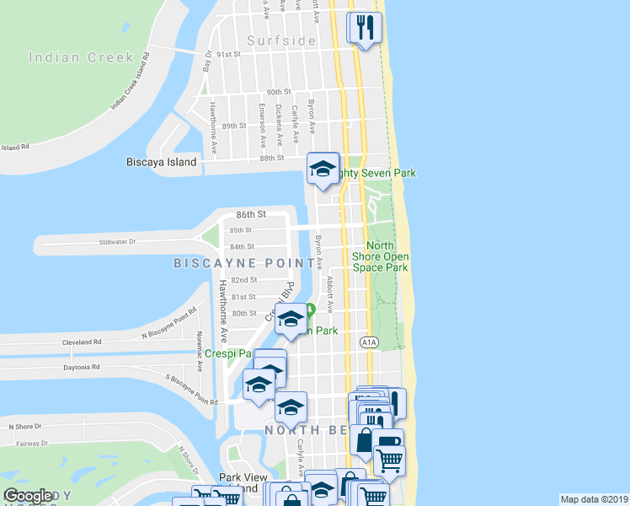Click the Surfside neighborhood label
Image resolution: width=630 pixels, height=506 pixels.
pos(281,40)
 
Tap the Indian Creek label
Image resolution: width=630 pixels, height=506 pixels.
pos(81,58)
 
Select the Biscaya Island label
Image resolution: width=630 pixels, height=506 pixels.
pos(160,162)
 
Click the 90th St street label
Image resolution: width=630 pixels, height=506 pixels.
pos(278,92)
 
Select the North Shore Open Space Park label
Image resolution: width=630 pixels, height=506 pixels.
pos(387,256)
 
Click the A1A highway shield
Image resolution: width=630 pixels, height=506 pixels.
pos(369,342)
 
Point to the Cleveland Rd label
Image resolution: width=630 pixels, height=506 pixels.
pos(82,343)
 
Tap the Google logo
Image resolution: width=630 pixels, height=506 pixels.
pos(28,496)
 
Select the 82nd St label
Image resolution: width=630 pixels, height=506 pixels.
pos(243,280)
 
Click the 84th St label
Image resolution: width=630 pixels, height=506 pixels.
pos(242,247)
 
